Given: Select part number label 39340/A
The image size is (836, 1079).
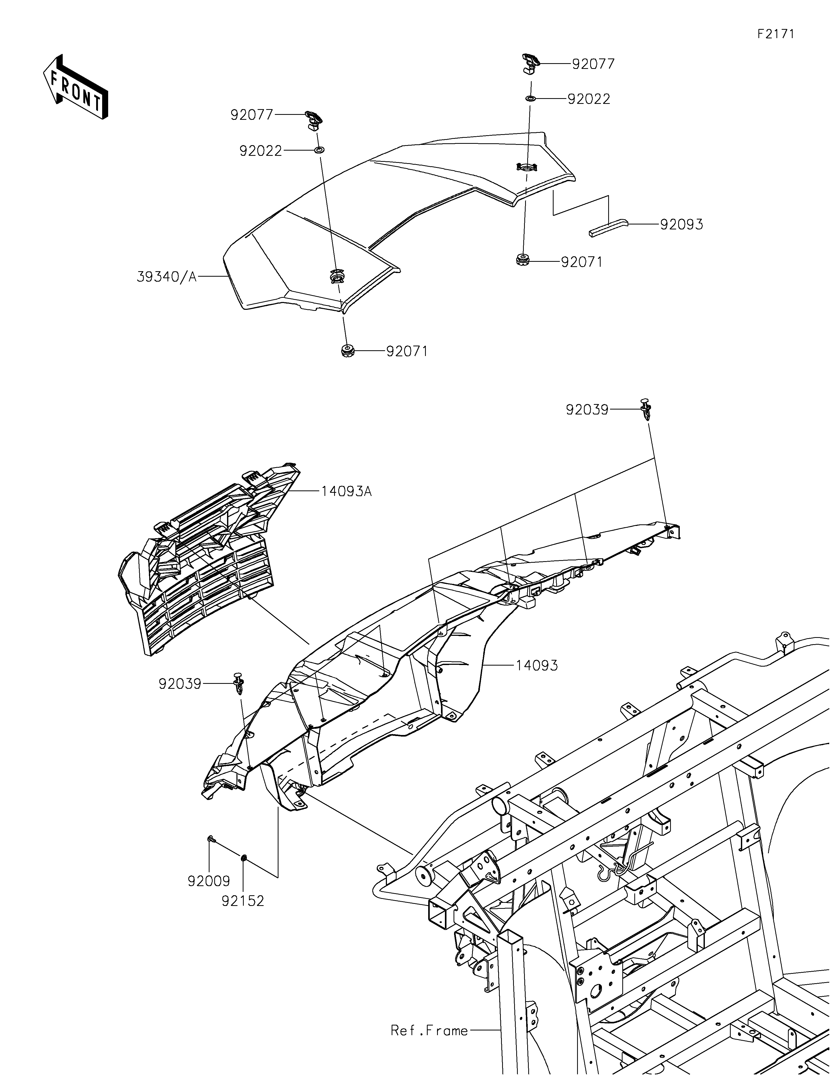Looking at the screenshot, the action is (167, 277).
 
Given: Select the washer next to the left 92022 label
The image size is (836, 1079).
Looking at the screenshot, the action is (319, 149).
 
